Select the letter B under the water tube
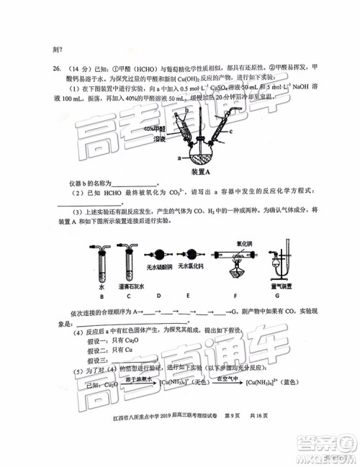pyautogui.click(x=102, y=296)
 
